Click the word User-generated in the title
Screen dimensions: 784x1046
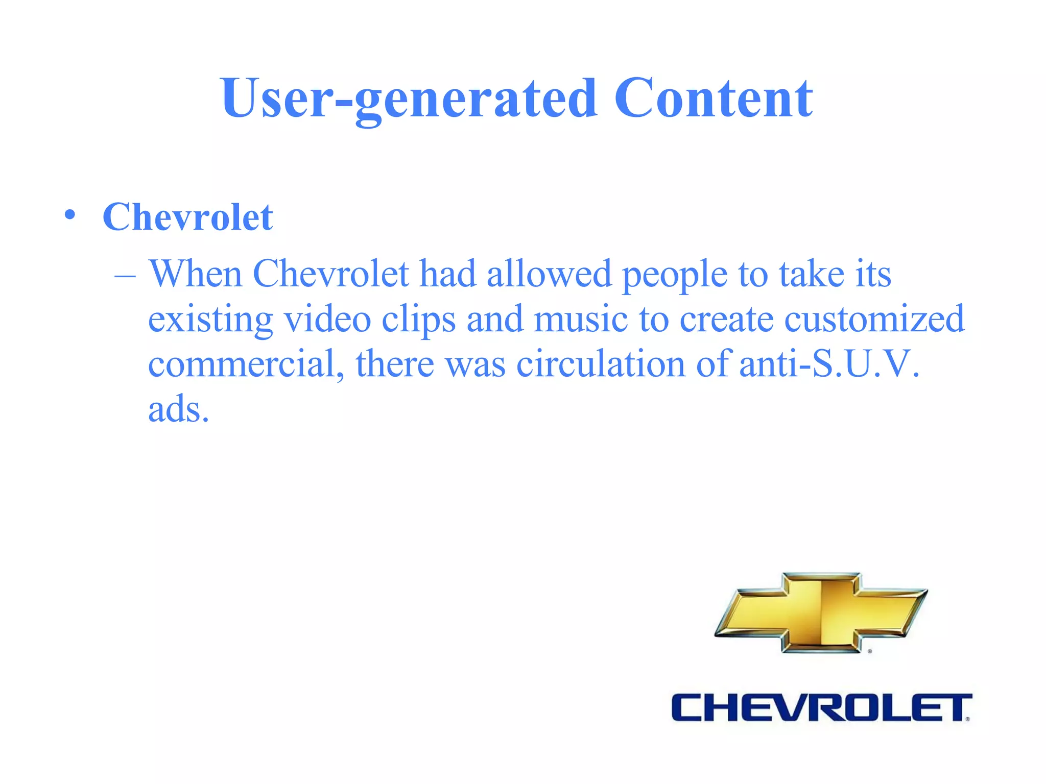click(x=409, y=100)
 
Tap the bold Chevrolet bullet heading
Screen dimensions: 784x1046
click(x=187, y=217)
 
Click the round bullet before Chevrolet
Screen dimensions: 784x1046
click(x=70, y=215)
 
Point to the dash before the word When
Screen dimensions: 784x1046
click(x=125, y=276)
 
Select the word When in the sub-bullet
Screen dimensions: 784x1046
click(x=196, y=274)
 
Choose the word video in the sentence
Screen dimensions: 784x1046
click(x=327, y=319)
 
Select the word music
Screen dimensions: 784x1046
click(x=580, y=319)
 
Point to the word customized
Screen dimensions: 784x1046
click(x=874, y=319)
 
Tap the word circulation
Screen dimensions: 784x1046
click(x=601, y=364)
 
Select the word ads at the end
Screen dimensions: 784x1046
click(x=178, y=409)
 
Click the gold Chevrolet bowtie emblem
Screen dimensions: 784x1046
click(x=821, y=612)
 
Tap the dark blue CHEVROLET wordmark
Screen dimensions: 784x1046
click(x=821, y=707)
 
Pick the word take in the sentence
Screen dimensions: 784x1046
click(x=812, y=274)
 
